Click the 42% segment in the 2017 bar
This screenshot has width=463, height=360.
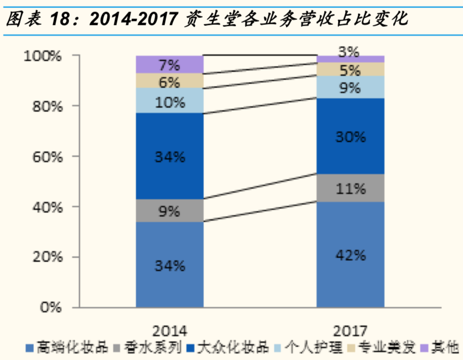(x=351, y=255)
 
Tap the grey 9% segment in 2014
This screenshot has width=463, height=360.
(x=169, y=211)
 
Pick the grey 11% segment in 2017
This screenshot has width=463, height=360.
(x=351, y=188)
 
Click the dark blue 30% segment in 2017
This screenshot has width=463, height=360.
(x=351, y=136)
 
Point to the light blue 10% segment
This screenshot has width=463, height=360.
(x=169, y=102)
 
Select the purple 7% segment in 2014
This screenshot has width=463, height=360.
(x=169, y=64)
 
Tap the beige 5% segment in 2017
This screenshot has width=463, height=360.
(x=351, y=69)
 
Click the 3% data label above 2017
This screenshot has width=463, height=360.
(x=351, y=51)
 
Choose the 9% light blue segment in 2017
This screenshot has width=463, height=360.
(x=351, y=88)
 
